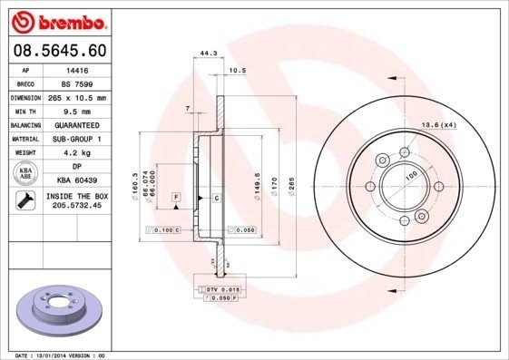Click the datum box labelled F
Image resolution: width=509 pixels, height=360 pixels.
click(x=176, y=197)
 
